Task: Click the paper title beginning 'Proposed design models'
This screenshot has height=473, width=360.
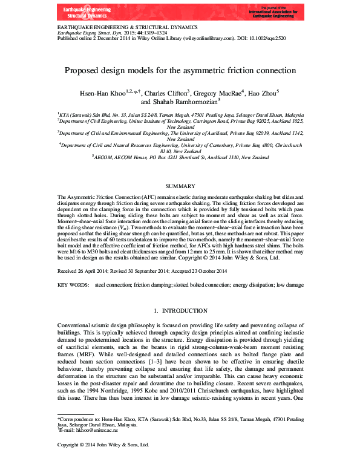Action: [180, 70]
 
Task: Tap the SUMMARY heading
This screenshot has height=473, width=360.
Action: [180, 186]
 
